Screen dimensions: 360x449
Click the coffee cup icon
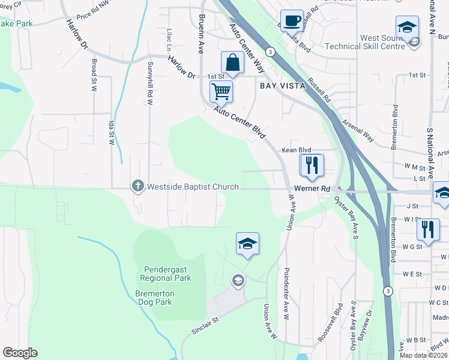(292, 20)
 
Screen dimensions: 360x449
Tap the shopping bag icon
(232, 62)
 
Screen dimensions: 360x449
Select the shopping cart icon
(221, 92)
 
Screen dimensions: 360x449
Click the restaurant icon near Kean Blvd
(311, 164)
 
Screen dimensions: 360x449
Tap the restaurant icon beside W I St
(427, 229)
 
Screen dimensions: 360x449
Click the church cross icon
(138, 187)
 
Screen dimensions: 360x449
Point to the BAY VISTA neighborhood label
(283, 86)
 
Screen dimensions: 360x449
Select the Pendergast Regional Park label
(166, 274)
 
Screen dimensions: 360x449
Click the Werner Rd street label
(317, 188)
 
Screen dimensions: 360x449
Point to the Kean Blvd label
(297, 150)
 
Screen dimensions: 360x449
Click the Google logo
(20, 353)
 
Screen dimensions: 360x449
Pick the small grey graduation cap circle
(238, 281)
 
